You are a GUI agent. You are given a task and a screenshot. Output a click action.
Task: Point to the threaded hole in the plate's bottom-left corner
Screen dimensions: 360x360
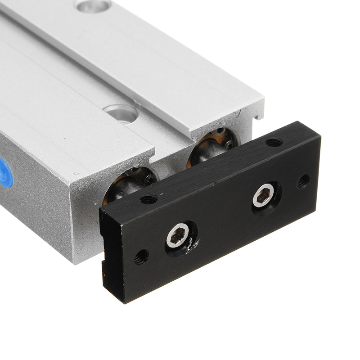click(141, 257)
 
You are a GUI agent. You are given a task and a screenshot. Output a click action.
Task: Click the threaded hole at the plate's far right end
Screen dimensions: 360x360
click(304, 181)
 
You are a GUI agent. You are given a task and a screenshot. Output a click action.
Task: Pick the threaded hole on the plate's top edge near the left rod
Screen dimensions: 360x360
click(148, 198)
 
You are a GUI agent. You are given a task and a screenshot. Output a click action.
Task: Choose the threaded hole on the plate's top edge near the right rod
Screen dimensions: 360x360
click(274, 142)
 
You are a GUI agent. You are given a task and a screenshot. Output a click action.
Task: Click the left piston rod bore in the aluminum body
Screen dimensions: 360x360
click(130, 182)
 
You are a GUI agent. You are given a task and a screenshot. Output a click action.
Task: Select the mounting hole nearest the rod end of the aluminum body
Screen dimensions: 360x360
click(121, 113)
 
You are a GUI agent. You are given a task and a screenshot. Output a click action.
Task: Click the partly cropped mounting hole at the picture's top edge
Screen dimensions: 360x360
click(93, 5)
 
